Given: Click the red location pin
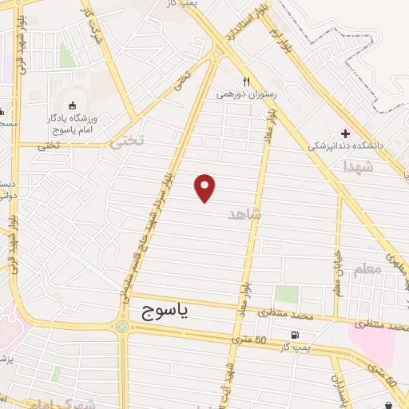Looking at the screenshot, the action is (x=205, y=187).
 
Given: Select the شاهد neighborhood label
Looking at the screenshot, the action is (x=244, y=213).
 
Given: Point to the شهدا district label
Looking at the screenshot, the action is (x=357, y=166).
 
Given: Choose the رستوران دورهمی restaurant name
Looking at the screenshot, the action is (x=246, y=94).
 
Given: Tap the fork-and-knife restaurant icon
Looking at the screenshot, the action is (x=246, y=81).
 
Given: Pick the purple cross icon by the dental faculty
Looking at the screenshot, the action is (x=345, y=133).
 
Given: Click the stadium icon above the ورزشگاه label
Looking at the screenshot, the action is (x=73, y=105).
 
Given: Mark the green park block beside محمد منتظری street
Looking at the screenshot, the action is (x=287, y=294).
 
